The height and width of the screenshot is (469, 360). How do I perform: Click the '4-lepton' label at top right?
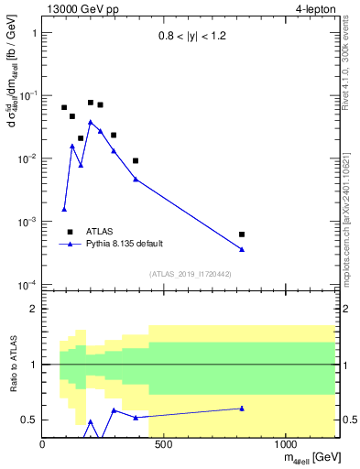[313, 9]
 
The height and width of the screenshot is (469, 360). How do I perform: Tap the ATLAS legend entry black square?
[71, 232]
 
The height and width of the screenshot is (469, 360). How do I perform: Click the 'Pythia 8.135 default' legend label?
[124, 244]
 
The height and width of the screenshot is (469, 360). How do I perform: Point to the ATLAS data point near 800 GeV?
[242, 234]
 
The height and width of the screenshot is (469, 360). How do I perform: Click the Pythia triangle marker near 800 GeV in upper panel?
[242, 249]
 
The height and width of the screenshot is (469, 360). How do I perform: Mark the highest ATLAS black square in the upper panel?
[91, 103]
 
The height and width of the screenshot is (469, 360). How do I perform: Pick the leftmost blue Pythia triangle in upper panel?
[64, 209]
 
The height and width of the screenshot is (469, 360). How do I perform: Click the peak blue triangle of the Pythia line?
[91, 121]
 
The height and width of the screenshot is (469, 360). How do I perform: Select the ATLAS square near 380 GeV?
[136, 160]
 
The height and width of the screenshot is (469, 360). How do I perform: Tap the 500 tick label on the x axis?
[164, 445]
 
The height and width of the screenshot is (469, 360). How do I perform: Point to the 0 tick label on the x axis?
[43, 445]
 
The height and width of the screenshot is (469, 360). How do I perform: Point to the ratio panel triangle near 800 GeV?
[242, 409]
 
